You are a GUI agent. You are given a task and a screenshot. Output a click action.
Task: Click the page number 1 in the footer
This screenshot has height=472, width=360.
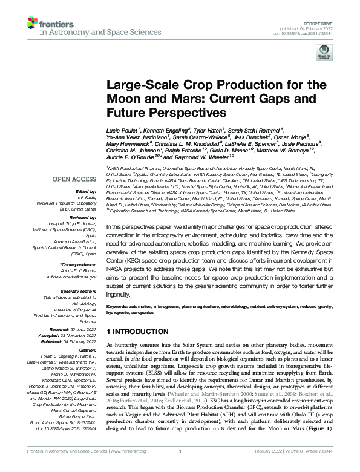coord(180,467)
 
